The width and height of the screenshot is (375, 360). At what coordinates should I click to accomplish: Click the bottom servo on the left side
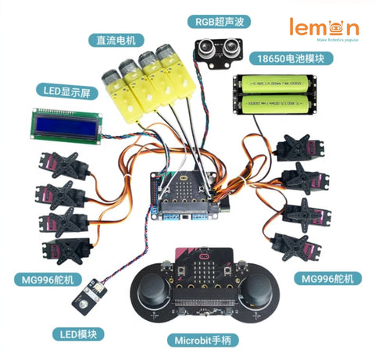tap(61, 250)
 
